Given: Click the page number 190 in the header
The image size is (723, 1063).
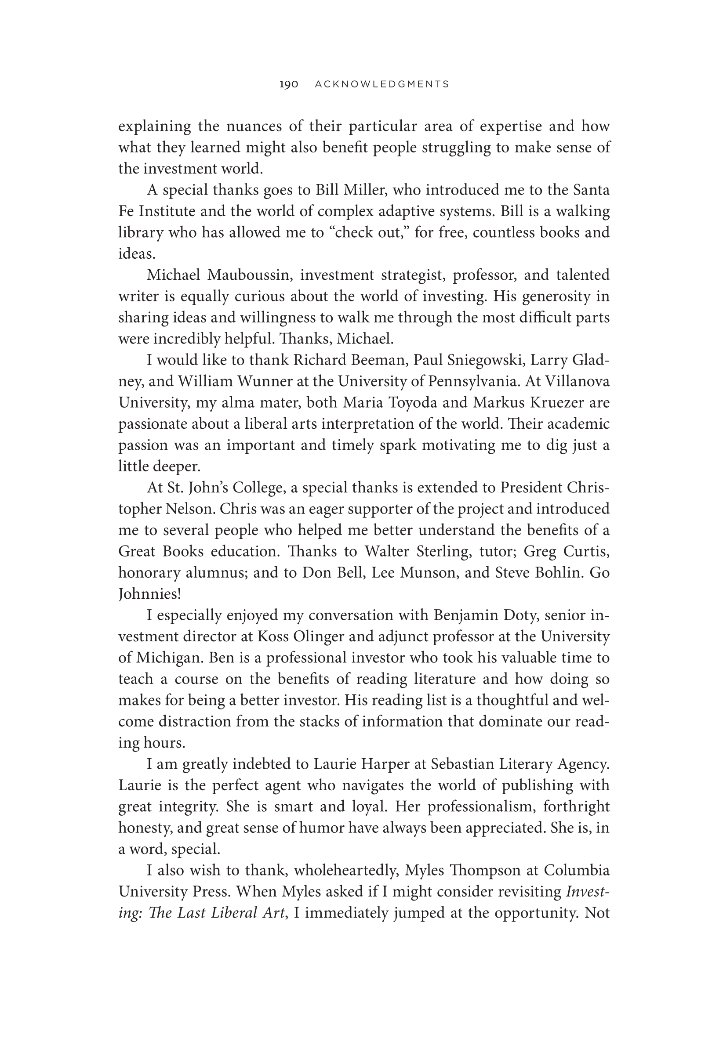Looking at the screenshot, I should (x=289, y=84).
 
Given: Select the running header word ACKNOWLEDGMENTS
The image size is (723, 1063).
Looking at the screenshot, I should (x=382, y=84).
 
